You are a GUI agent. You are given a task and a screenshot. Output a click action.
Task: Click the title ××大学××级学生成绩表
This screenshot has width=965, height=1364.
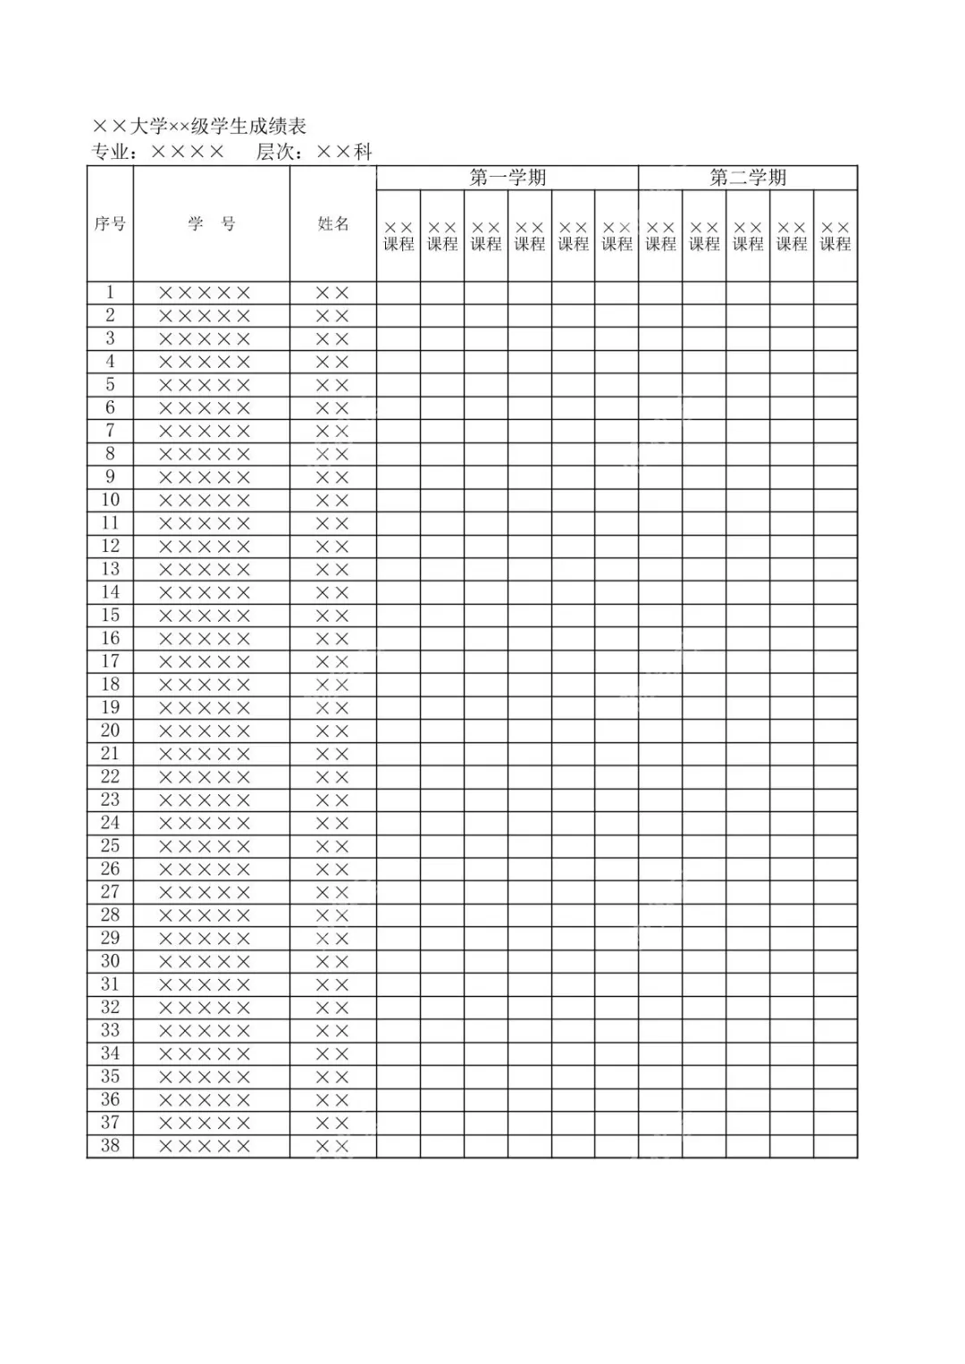(199, 126)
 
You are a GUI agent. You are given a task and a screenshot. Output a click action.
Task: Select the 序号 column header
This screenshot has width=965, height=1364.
(110, 223)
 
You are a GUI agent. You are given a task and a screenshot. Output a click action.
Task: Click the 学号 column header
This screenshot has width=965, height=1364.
(212, 223)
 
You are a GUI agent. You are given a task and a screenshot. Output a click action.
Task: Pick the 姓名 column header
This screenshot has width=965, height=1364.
(333, 223)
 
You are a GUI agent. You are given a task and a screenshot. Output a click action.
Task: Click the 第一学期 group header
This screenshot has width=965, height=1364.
(508, 178)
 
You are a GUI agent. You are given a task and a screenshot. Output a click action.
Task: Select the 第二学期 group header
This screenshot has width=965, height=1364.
(748, 178)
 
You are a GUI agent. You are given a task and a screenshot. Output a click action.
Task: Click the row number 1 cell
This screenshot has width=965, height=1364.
(110, 292)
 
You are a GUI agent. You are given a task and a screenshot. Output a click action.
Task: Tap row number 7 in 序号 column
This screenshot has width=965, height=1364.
(110, 431)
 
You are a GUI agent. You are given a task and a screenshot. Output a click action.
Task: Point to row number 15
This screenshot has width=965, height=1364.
(110, 615)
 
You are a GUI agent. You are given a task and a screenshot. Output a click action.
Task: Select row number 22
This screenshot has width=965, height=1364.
(110, 776)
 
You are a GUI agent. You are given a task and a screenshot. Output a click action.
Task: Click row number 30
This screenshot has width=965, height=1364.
(110, 961)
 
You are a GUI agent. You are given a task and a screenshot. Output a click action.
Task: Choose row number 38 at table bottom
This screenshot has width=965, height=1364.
(110, 1145)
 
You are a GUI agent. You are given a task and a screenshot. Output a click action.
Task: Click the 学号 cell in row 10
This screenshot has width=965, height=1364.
(205, 500)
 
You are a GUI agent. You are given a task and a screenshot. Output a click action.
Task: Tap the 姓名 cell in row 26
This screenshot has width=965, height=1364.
(332, 869)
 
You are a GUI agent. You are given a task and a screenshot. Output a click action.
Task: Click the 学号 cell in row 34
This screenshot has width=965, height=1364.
(205, 1054)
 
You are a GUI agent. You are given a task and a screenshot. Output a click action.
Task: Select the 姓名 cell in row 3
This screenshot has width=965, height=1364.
(332, 339)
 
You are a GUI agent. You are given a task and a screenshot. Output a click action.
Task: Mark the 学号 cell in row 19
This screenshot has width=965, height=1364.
(205, 707)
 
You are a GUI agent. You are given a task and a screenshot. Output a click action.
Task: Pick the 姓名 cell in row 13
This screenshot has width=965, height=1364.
(332, 569)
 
